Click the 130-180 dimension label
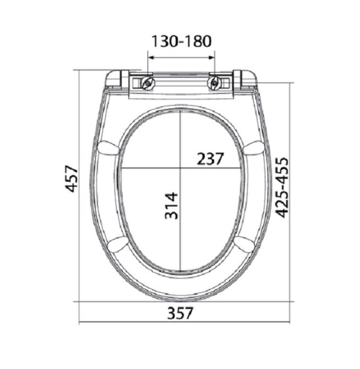click(181, 42)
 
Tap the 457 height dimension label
click(71, 179)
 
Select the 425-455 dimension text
click(282, 187)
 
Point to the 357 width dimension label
click(180, 313)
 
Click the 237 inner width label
click(210, 159)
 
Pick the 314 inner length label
click(171, 206)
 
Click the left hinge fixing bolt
click(148, 83)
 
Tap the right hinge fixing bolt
click(214, 83)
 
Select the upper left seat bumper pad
click(108, 148)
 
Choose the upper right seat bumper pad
click(254, 148)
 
